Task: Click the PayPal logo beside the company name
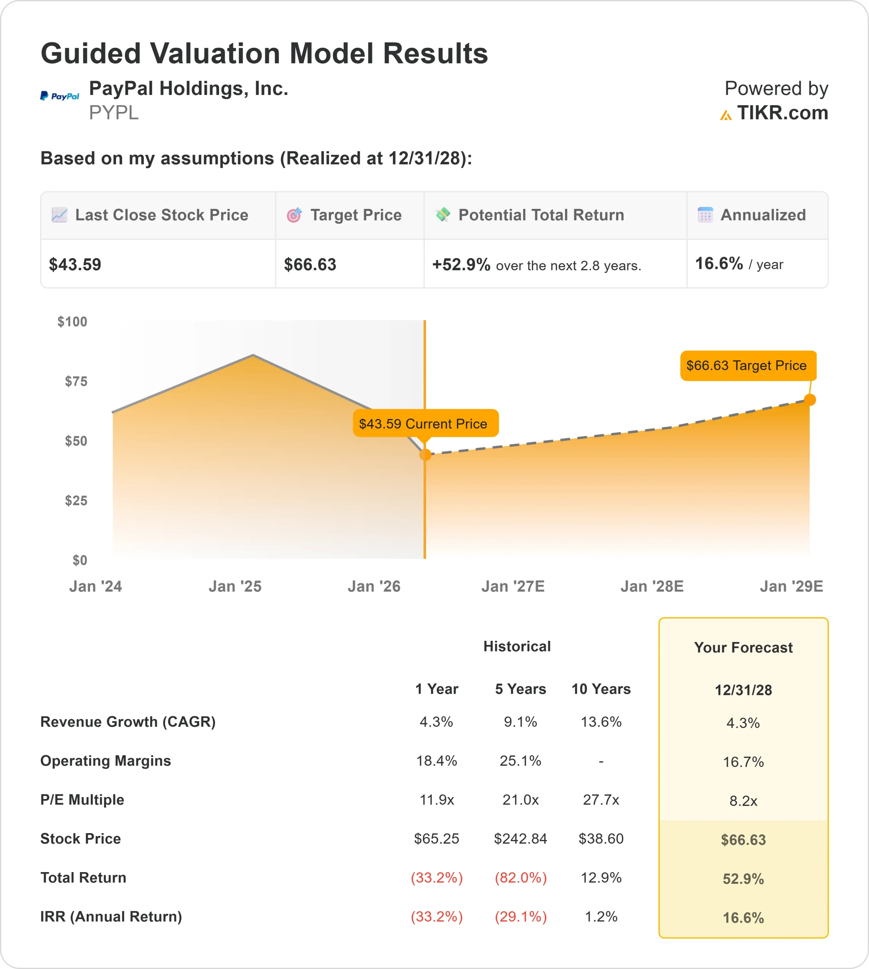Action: pyautogui.click(x=60, y=96)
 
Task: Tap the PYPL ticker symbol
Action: pyautogui.click(x=114, y=113)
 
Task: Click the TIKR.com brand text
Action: pyautogui.click(x=782, y=113)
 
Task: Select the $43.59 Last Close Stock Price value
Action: pyautogui.click(x=75, y=265)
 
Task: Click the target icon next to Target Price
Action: pyautogui.click(x=294, y=215)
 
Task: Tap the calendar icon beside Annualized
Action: pyautogui.click(x=705, y=215)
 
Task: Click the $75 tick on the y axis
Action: pyautogui.click(x=76, y=381)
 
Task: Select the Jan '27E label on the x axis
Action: pyautogui.click(x=513, y=586)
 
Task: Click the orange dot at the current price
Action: pyautogui.click(x=425, y=455)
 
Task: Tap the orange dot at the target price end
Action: pyautogui.click(x=810, y=400)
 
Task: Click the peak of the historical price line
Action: pyautogui.click(x=253, y=355)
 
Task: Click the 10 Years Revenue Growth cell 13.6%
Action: pyautogui.click(x=601, y=721)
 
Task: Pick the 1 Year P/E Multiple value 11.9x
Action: pyautogui.click(x=436, y=799)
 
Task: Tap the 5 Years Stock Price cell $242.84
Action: pyautogui.click(x=520, y=839)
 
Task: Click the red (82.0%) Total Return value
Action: pyautogui.click(x=520, y=878)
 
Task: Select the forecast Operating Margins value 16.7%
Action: pyautogui.click(x=743, y=762)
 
